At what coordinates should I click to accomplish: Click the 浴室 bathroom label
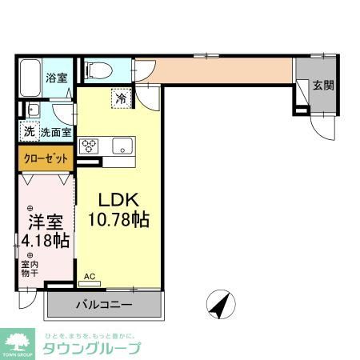[55, 78]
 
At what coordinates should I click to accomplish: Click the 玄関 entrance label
[322, 85]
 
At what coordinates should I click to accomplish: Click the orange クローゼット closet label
[44, 158]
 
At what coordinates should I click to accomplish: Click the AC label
[90, 277]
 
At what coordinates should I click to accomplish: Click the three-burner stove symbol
[88, 146]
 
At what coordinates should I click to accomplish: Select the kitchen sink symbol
[119, 146]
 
